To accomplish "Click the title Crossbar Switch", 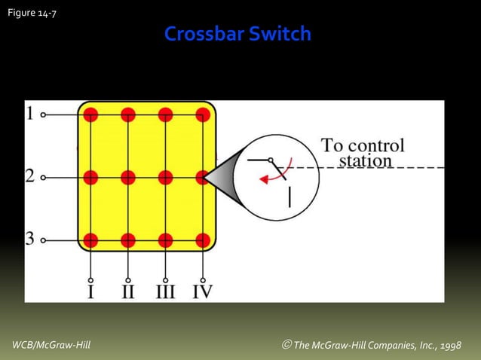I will coord(237,35).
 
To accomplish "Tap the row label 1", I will coord(29,114).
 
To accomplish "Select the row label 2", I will coord(29,177).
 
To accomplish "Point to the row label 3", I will coord(29,239).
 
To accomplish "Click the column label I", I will coord(90,291).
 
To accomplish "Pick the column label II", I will coord(128,291).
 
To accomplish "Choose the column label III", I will coord(165,291).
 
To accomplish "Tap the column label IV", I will coord(203,291).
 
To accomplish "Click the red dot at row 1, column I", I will coord(90,114).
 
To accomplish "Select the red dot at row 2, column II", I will coord(128,178).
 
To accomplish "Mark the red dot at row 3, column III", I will coord(165,240).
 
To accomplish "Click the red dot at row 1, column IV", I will coord(203,114).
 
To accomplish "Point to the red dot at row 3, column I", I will coord(90,240).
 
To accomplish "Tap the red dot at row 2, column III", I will coord(165,178).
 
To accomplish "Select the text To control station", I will coord(363,153).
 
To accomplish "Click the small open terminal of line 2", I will coord(43,178).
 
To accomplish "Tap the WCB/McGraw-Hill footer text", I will coord(51,345).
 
